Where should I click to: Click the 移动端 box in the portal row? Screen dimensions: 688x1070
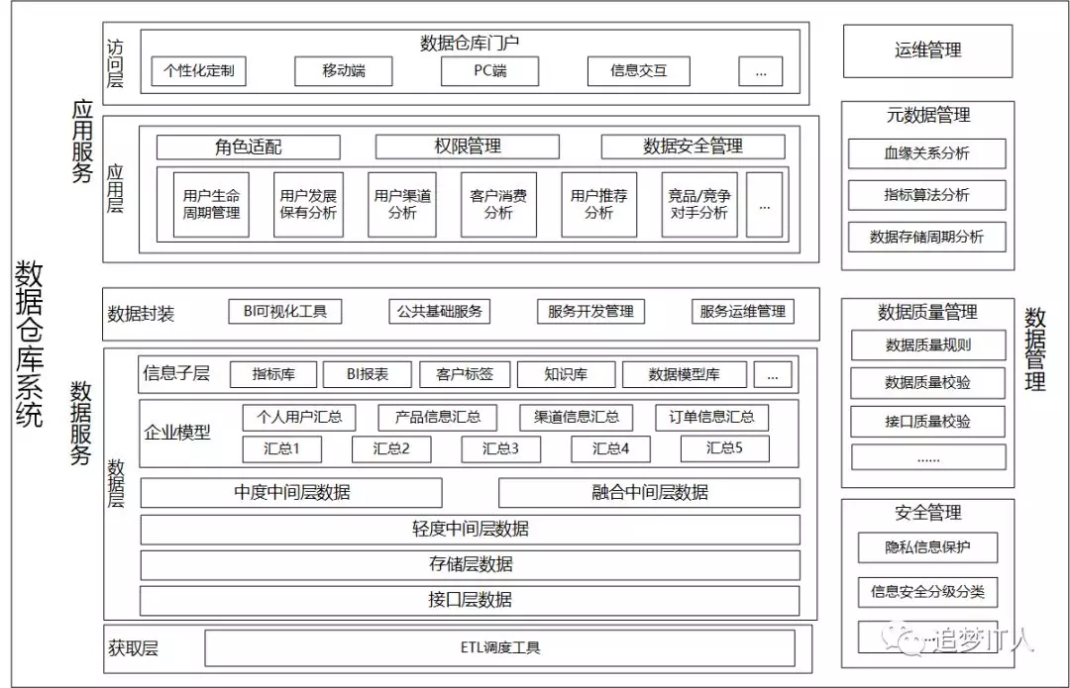pyautogui.click(x=344, y=71)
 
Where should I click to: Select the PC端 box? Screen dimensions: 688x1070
pyautogui.click(x=489, y=71)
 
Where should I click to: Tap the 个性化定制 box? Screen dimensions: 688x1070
pyautogui.click(x=198, y=71)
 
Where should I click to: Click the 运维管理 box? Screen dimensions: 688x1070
pyautogui.click(x=927, y=50)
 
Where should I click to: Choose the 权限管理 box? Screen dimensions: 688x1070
pyautogui.click(x=468, y=147)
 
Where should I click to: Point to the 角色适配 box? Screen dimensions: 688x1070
pyautogui.click(x=248, y=147)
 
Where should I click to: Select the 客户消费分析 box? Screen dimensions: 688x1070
pyautogui.click(x=498, y=205)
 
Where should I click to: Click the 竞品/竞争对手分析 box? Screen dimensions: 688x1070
pyautogui.click(x=698, y=205)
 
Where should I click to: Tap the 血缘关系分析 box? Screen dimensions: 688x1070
pyautogui.click(x=927, y=153)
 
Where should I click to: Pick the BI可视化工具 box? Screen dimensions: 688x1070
pyautogui.click(x=284, y=311)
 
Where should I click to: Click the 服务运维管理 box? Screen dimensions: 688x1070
pyautogui.click(x=742, y=311)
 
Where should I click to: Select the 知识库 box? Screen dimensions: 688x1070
pyautogui.click(x=566, y=374)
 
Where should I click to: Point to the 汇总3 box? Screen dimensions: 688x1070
pyautogui.click(x=500, y=448)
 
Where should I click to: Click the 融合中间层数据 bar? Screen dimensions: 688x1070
pyautogui.click(x=649, y=492)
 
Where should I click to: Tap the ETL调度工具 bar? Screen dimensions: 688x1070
pyautogui.click(x=499, y=648)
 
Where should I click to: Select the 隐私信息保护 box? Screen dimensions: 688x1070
pyautogui.click(x=927, y=547)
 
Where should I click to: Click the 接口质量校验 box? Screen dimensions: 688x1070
pyautogui.click(x=927, y=422)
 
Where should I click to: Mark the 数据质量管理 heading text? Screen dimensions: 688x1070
pyautogui.click(x=927, y=313)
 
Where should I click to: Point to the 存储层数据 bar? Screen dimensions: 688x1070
pyautogui.click(x=470, y=564)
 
